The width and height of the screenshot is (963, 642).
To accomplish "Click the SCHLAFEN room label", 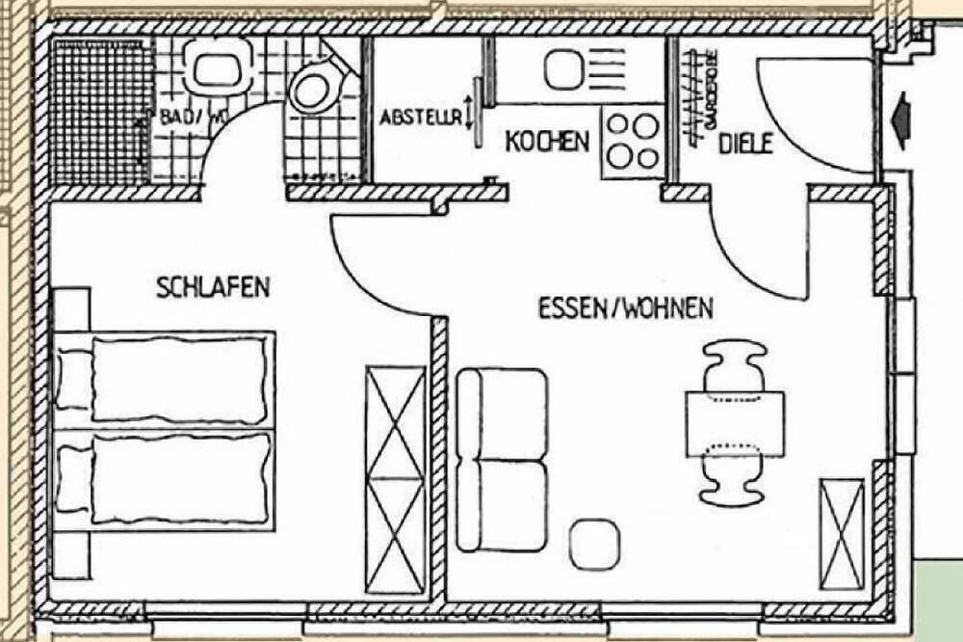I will click(213, 287).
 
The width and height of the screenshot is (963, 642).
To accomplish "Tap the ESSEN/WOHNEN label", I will click(625, 309).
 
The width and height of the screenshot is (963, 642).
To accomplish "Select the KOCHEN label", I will click(547, 142).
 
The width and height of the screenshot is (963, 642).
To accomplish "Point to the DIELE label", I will click(746, 144).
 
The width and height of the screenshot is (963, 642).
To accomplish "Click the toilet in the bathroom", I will click(312, 89).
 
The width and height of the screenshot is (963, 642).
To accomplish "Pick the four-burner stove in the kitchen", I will click(632, 142).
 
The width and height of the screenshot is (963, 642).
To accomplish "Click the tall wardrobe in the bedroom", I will click(396, 479).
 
